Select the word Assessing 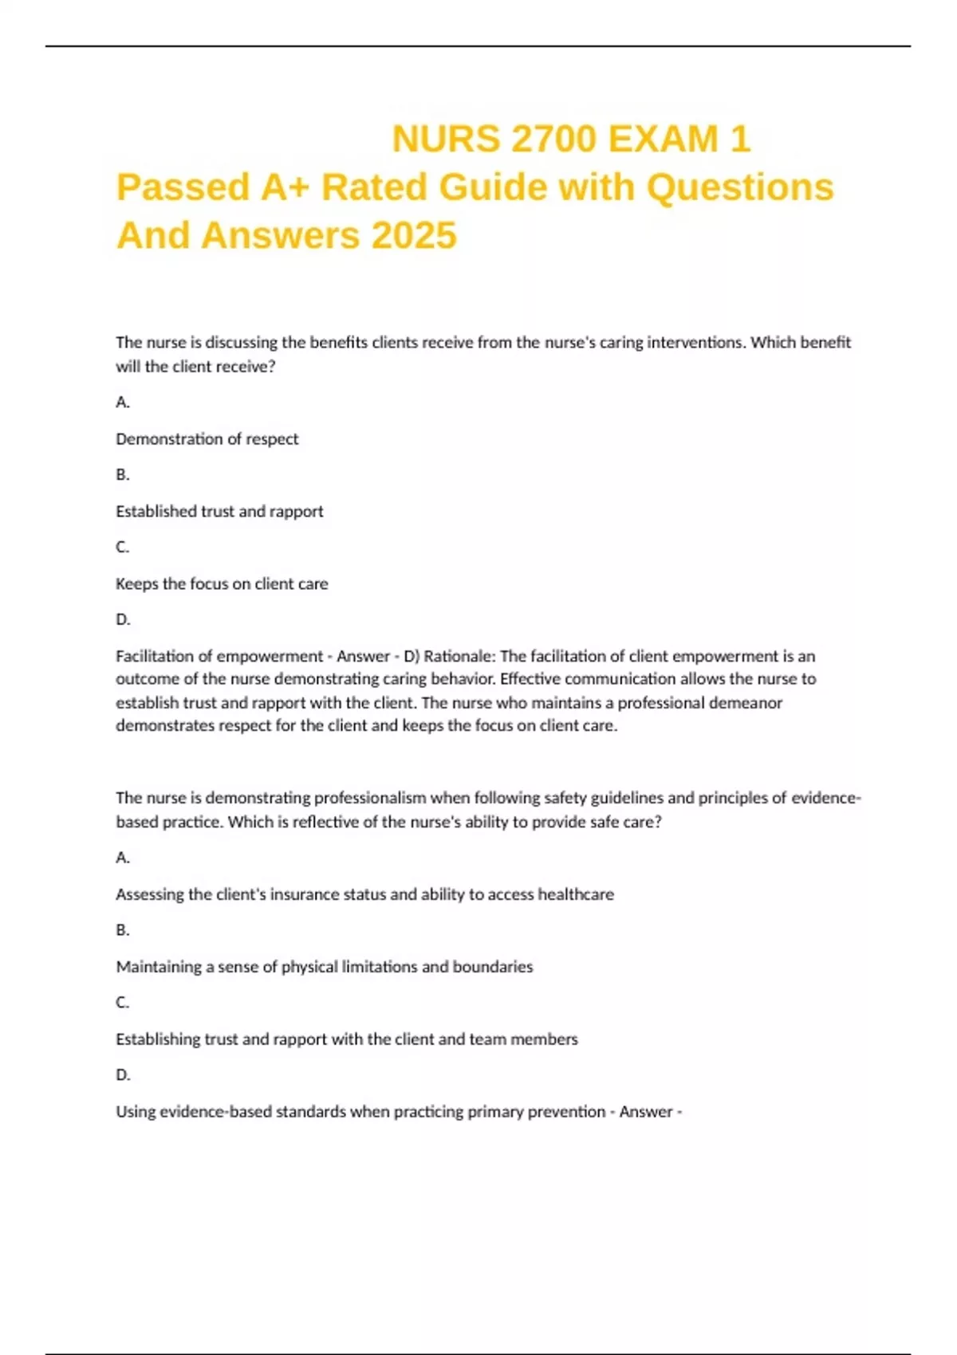coord(150,894)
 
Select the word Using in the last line coord(136,1112)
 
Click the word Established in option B coord(156,512)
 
